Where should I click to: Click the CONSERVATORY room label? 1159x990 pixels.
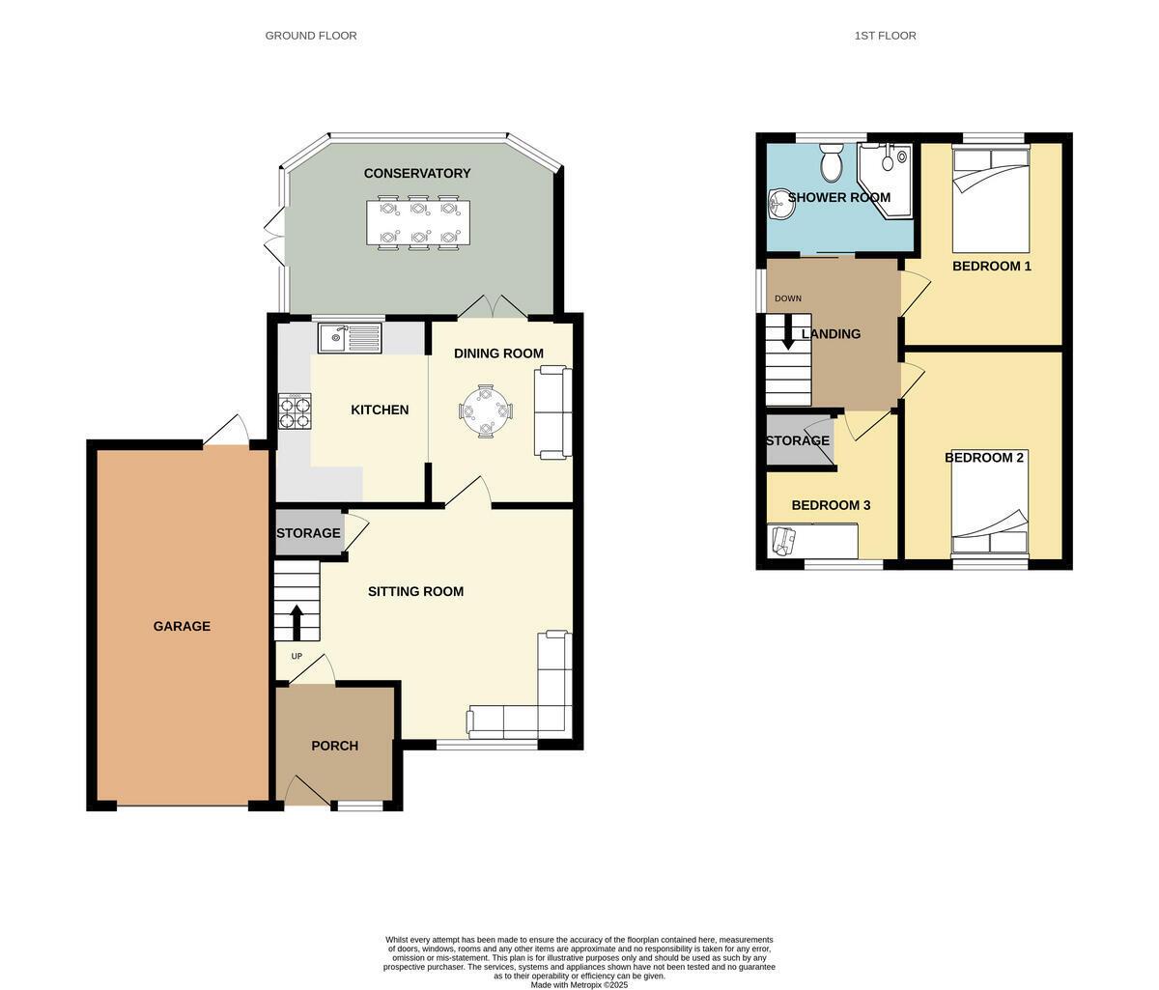417,174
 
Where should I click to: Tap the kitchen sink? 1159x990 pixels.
350,338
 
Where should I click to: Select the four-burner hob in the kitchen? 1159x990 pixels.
296,412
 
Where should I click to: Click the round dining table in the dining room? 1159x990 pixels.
486,412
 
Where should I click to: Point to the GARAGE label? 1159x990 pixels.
182,626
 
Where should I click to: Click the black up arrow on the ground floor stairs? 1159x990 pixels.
297,622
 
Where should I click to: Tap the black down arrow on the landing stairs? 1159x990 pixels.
788,333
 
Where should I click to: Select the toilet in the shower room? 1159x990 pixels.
831,164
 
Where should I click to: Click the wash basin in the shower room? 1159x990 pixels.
779,204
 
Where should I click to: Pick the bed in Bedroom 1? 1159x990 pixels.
991,197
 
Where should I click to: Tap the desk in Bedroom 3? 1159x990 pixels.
812,541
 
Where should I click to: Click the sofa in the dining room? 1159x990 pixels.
553,412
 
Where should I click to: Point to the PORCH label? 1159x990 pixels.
335,746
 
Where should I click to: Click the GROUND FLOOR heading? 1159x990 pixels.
311,36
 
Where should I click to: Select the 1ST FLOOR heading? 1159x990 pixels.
885,36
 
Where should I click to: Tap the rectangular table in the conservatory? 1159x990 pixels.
418,222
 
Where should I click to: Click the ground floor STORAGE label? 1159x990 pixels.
308,533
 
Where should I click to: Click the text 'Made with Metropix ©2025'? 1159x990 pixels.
579,984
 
